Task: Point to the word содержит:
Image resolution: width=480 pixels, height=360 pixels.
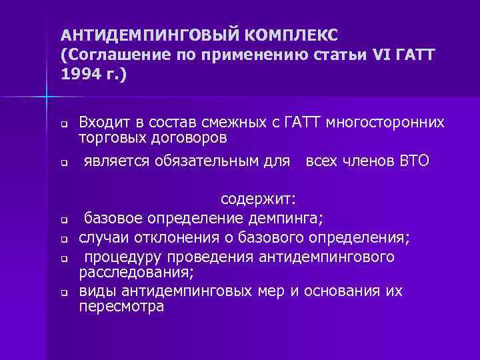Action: [259, 201]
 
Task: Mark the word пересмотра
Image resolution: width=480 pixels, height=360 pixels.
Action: [121, 308]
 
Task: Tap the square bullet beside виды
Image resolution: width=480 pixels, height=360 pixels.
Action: [62, 293]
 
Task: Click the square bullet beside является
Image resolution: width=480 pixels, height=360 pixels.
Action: [62, 163]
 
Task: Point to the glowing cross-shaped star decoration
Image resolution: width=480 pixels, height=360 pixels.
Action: [48, 98]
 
